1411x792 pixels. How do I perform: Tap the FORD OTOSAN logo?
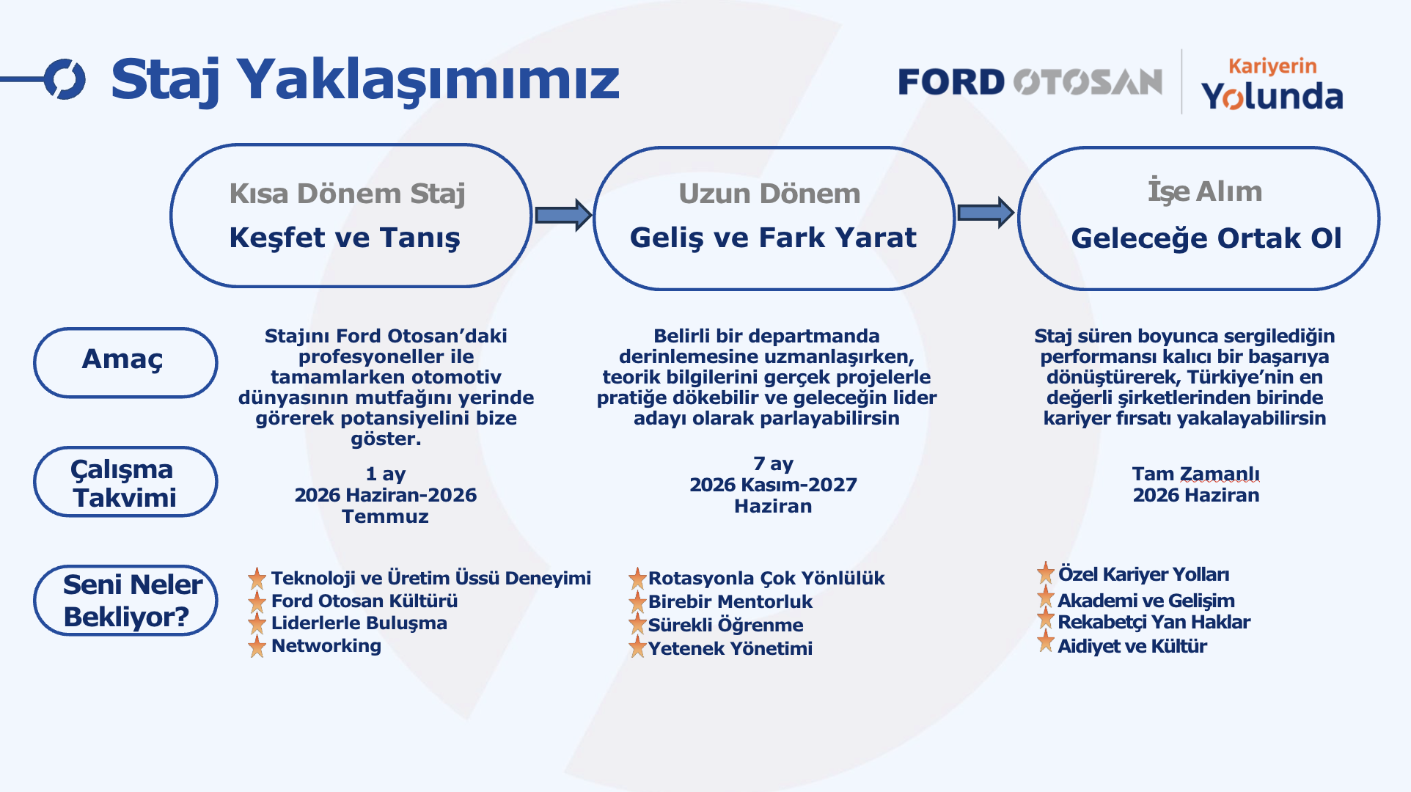pyautogui.click(x=1030, y=82)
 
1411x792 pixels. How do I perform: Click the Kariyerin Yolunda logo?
pyautogui.click(x=1272, y=84)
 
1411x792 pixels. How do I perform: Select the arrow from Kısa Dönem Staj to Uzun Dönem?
pyautogui.click(x=563, y=215)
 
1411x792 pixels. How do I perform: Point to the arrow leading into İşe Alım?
pyautogui.click(x=986, y=213)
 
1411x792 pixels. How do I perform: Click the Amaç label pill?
pyautogui.click(x=125, y=362)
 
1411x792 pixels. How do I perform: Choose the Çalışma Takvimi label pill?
pyautogui.click(x=125, y=482)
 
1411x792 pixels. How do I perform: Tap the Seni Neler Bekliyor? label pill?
pyautogui.click(x=125, y=600)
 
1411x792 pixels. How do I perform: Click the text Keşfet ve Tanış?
pyautogui.click(x=345, y=238)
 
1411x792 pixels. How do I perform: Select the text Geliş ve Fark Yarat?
pyautogui.click(x=773, y=238)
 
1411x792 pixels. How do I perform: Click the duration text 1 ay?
pyautogui.click(x=386, y=474)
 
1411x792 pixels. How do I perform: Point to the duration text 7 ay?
pyautogui.click(x=773, y=464)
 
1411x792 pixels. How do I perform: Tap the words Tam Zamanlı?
pyautogui.click(x=1195, y=474)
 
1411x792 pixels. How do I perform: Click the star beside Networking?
pyautogui.click(x=257, y=646)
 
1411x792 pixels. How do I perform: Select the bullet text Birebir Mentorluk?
pyautogui.click(x=730, y=602)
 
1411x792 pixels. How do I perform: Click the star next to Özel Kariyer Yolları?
pyautogui.click(x=1046, y=573)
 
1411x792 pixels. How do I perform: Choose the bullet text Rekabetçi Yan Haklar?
pyautogui.click(x=1154, y=623)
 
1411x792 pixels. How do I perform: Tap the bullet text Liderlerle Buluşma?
pyautogui.click(x=359, y=623)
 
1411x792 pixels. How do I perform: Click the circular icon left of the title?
pyautogui.click(x=65, y=79)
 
